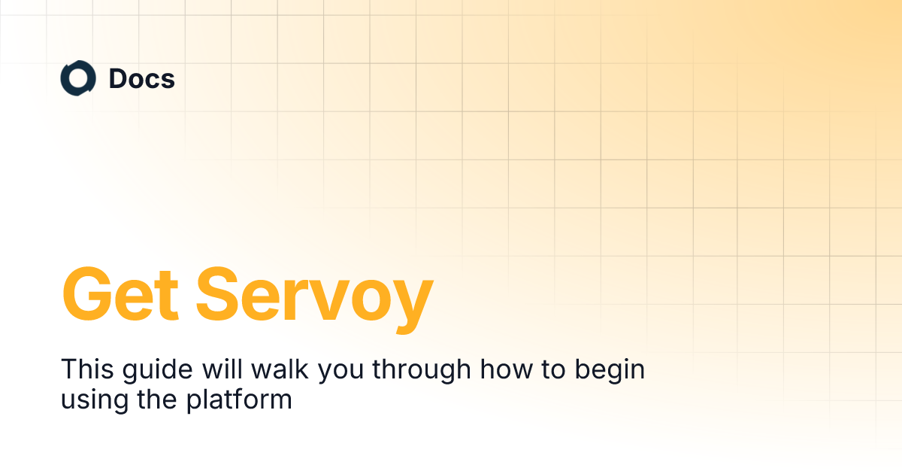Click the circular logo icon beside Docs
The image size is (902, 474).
click(x=78, y=79)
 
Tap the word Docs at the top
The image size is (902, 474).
click(x=142, y=79)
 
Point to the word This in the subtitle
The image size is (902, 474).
click(x=83, y=369)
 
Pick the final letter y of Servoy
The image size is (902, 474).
click(x=410, y=301)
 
